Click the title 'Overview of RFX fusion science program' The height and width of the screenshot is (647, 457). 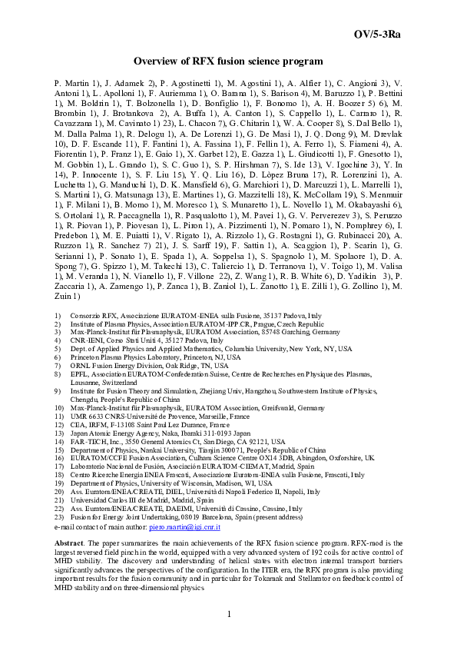tap(228, 61)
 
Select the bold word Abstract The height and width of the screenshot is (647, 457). tap(70, 542)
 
